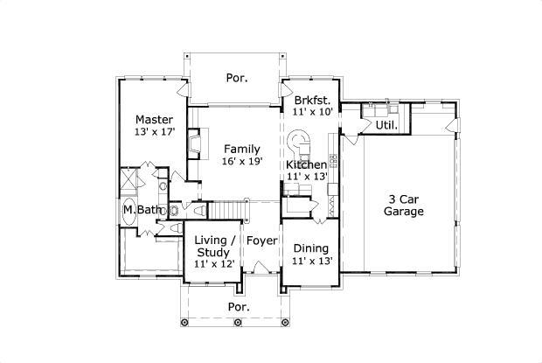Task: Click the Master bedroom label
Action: coord(154,119)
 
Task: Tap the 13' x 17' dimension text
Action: coord(154,132)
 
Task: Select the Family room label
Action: coord(240,149)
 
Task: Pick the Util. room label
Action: coord(386,125)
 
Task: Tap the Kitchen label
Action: coord(306,164)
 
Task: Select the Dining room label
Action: coord(310,248)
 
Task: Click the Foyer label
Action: coord(261,240)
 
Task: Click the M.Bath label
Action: coord(140,210)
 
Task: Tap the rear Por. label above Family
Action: coord(236,78)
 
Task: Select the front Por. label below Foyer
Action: coord(238,307)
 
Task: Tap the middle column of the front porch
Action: coord(239,323)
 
